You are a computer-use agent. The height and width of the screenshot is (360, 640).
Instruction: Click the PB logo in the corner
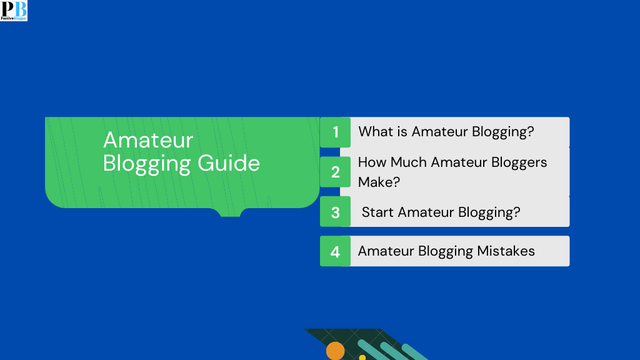click(x=14, y=11)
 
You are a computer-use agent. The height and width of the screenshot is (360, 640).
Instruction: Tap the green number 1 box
click(x=336, y=132)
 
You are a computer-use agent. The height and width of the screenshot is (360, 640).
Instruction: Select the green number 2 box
click(x=336, y=172)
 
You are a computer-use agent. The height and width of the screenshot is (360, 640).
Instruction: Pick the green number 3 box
click(x=336, y=212)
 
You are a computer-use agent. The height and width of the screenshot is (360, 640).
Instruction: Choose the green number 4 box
click(x=336, y=251)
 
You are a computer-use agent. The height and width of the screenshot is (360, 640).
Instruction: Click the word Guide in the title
click(x=229, y=163)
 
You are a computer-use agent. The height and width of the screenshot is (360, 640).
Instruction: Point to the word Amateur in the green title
click(x=148, y=139)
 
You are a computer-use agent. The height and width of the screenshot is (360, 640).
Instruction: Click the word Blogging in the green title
click(x=147, y=164)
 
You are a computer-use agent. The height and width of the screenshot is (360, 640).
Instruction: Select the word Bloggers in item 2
click(x=516, y=162)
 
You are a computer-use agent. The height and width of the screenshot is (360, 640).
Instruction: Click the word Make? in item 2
click(x=379, y=182)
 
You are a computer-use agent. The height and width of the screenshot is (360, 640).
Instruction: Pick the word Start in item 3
click(x=377, y=212)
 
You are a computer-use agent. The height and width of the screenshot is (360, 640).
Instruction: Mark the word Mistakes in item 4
click(x=506, y=251)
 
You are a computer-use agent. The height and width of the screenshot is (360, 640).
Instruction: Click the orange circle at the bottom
click(x=335, y=351)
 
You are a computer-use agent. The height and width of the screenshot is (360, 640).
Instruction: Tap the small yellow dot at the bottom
click(x=362, y=357)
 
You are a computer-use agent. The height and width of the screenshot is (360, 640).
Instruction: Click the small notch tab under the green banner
click(x=230, y=212)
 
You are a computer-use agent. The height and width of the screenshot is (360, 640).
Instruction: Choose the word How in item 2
click(x=372, y=162)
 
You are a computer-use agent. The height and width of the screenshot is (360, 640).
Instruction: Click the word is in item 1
click(x=402, y=132)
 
